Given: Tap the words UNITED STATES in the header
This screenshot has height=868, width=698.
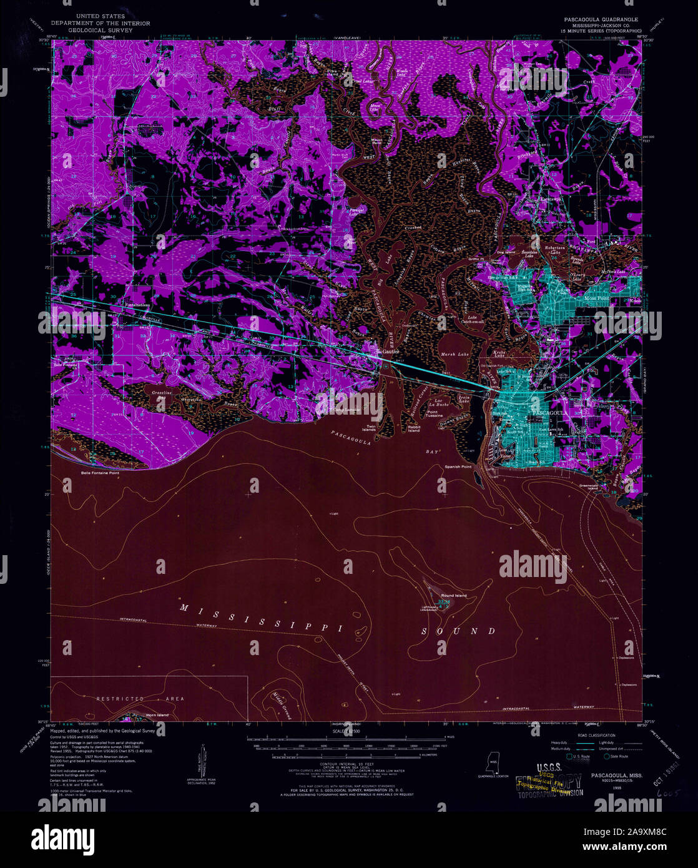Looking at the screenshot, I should tap(100, 15).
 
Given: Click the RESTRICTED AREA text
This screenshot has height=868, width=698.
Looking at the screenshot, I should tap(140, 699).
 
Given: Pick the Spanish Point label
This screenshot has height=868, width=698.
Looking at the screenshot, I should tap(458, 466).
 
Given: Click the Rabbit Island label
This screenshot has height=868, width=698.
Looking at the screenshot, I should tap(414, 429).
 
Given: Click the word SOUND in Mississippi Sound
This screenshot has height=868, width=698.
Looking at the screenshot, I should tap(458, 631).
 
